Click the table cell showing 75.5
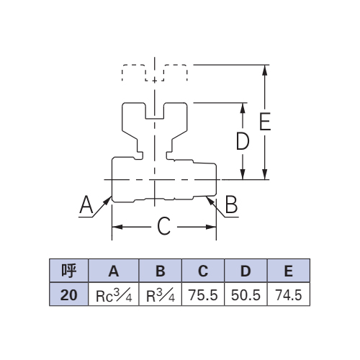[x=203, y=294]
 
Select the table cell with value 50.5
[x=246, y=294]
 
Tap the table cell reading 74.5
[x=289, y=294]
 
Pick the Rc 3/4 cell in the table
[x=114, y=294]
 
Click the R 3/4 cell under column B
[x=161, y=294]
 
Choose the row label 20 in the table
[x=69, y=294]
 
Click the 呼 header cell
[x=69, y=271]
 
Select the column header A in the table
[x=114, y=271]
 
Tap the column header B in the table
[x=161, y=271]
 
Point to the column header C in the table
[x=203, y=271]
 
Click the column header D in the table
[x=246, y=271]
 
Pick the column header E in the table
[x=289, y=271]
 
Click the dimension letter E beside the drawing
[x=265, y=121]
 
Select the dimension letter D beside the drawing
[x=243, y=141]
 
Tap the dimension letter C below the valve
[x=164, y=226]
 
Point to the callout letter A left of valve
[x=86, y=204]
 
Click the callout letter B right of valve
[x=231, y=204]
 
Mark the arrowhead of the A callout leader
[x=108, y=201]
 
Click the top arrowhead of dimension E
[x=265, y=70]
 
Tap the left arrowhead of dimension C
[x=117, y=227]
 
